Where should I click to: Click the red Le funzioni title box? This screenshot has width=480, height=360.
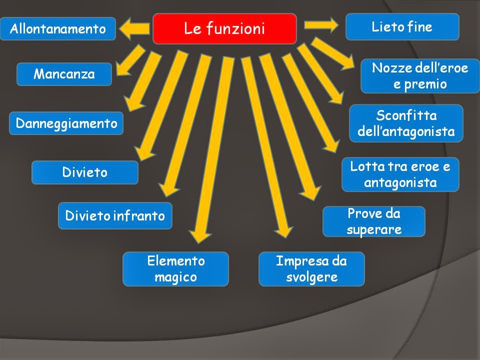click(224, 28)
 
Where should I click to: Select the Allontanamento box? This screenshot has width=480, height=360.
click(58, 28)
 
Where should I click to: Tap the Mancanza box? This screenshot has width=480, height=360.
click(64, 74)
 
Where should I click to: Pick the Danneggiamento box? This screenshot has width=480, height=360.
click(66, 123)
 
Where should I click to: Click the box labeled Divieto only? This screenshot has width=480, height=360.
click(84, 172)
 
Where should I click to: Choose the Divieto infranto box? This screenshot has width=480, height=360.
click(115, 216)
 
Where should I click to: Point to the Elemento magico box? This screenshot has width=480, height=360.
click(175, 268)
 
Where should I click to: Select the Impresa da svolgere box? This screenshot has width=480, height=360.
click(311, 268)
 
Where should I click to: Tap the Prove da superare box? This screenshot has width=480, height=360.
click(373, 221)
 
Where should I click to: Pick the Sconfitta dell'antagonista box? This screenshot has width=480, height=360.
click(406, 123)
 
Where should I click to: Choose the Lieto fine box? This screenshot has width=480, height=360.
click(402, 26)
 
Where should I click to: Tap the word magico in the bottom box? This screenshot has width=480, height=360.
click(175, 277)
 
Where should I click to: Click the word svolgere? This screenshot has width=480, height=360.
click(311, 277)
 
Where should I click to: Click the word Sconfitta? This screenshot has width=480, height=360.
click(406, 115)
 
